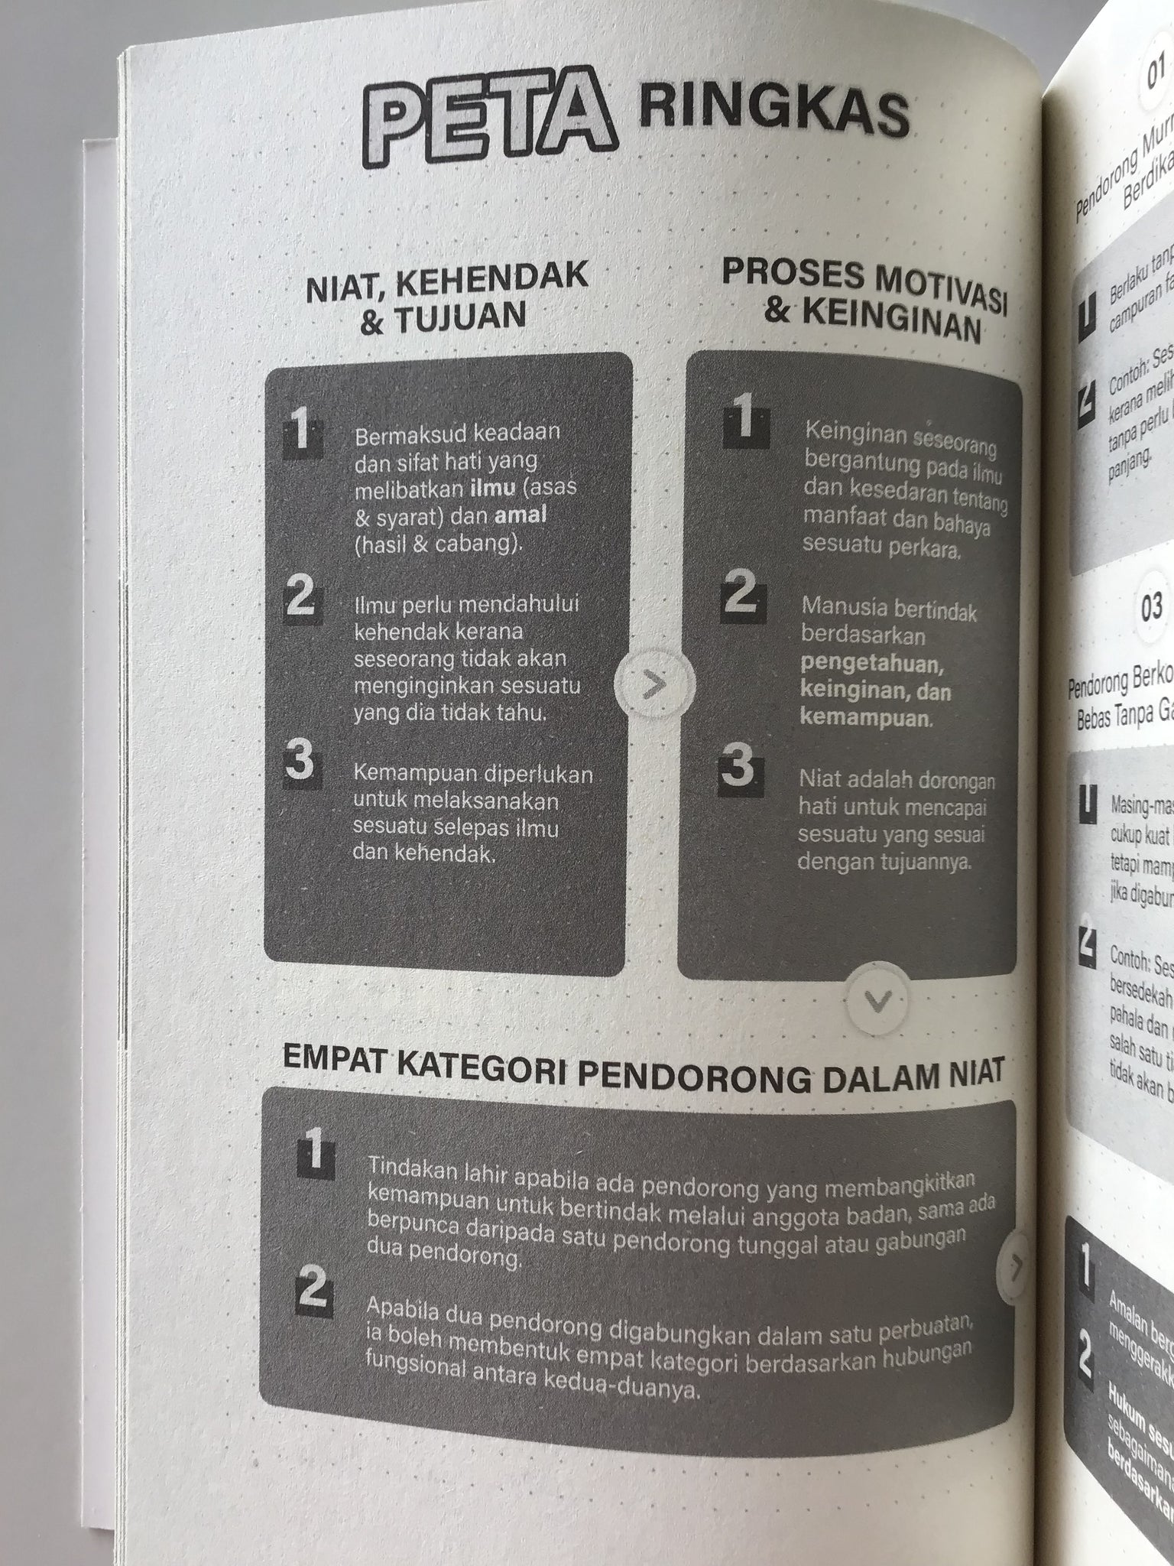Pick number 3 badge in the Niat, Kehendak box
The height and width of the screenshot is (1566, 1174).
299,762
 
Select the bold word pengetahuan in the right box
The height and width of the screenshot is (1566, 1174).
872,663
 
